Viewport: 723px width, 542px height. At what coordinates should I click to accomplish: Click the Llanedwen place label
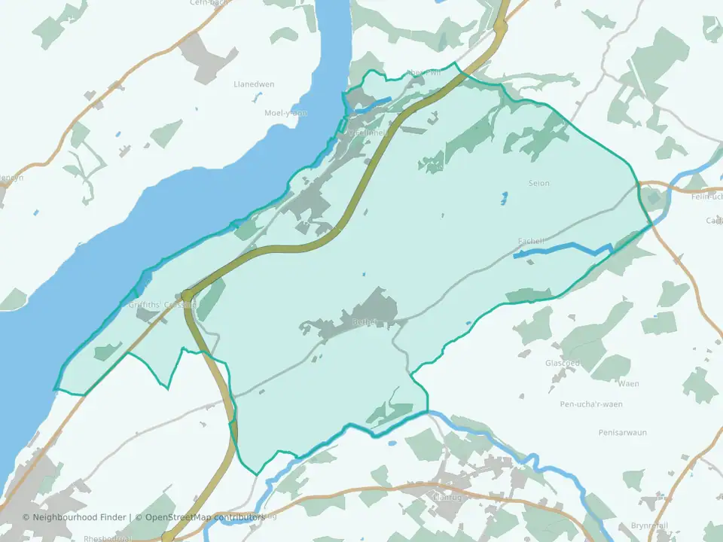(x=253, y=84)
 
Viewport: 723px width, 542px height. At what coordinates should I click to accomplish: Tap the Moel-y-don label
(x=285, y=113)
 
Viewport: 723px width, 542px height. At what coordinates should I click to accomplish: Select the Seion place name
(x=539, y=183)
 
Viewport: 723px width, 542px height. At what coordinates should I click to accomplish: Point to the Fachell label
(x=531, y=241)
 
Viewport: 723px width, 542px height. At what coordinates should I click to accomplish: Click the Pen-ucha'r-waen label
(x=591, y=404)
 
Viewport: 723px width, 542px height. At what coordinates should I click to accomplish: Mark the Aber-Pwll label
(x=424, y=73)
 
